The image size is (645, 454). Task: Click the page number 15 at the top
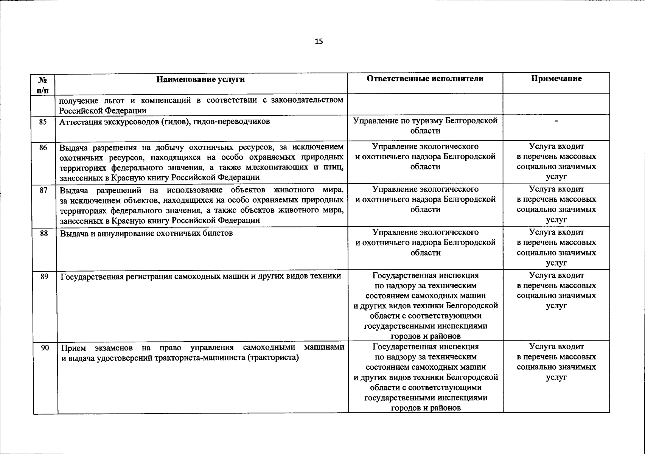point(319,41)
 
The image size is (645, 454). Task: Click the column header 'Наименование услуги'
point(201,79)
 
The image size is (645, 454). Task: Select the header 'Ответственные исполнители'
point(425,78)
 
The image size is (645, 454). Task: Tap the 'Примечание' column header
point(556,78)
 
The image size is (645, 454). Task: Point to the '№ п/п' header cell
point(44,84)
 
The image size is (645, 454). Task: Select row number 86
point(44,148)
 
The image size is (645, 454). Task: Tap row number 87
point(44,190)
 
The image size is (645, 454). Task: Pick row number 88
point(44,233)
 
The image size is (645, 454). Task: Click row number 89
point(44,277)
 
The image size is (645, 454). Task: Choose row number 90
point(45,347)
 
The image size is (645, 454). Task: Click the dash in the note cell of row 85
point(556,121)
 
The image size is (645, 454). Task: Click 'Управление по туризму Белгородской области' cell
point(425,126)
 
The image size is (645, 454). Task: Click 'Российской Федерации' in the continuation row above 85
point(103,110)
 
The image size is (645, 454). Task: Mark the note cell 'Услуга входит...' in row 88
point(556,247)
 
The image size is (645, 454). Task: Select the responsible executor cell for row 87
point(425,199)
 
